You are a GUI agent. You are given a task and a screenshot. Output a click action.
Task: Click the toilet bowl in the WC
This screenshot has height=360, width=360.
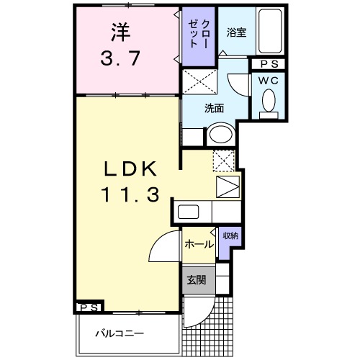coord(269,101)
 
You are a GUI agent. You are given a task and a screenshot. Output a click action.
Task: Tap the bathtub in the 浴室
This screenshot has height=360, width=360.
coord(270,31)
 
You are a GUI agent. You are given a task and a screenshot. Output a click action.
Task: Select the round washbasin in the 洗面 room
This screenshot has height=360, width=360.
coord(221,134)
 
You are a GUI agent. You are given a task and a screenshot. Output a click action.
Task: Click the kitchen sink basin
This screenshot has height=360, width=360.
coord(188,212)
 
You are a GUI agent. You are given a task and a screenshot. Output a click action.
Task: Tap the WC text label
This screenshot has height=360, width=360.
coord(269,81)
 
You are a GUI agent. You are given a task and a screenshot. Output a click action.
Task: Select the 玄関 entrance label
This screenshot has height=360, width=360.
coord(197,280)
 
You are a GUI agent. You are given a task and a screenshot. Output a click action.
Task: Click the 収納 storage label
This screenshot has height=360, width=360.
coord(230,236)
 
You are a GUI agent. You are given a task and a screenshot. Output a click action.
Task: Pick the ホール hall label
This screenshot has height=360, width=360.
coord(199,245)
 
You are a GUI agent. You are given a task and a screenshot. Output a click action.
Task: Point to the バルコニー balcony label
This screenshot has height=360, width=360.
coord(120,333)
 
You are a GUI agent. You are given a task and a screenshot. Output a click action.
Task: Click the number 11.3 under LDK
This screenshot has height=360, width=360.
coord(131,194)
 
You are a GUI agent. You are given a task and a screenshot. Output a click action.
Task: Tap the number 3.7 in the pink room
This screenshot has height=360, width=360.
coord(120,58)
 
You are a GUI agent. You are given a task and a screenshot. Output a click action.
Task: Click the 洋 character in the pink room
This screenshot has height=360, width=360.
coord(120,32)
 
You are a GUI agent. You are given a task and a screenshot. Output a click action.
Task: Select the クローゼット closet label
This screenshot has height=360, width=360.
coord(198,33)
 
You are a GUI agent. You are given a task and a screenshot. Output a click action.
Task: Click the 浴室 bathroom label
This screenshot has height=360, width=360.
coord(237,32)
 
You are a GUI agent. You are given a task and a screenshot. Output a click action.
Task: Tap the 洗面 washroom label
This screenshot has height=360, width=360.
coord(214,109)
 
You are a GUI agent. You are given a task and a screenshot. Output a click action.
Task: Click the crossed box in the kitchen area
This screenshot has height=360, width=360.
coord(224,161)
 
